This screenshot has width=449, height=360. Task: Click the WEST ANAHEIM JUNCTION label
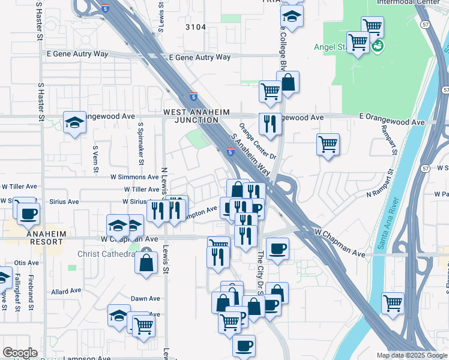point(191,116)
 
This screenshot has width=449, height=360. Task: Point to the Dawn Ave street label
point(146,298)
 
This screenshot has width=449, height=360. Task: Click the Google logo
point(20,353)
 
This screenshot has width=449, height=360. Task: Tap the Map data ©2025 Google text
point(412,355)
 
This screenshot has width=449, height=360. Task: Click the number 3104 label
point(196,27)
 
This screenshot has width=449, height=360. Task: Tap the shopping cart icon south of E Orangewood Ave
point(328,144)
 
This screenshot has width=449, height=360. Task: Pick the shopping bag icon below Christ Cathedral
point(146,262)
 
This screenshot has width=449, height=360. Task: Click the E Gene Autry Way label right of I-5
point(200,58)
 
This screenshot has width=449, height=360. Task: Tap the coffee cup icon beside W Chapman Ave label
point(277,248)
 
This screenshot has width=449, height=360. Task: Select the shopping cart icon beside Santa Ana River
point(393,302)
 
